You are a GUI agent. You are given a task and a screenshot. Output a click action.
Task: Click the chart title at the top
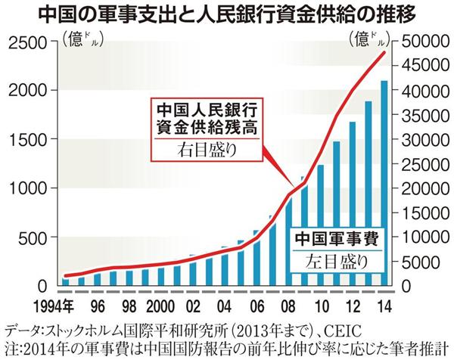tap(226, 14)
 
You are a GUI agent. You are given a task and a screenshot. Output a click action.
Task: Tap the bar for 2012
tap(352, 203)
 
